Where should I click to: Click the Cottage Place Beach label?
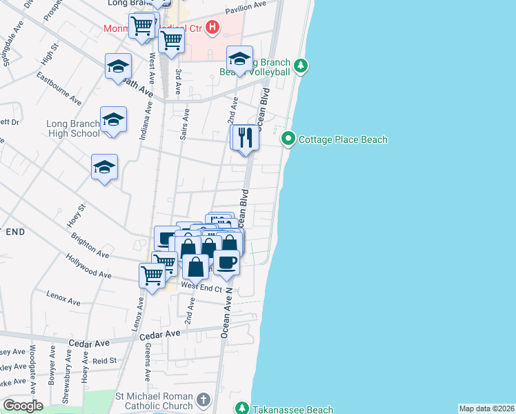tap(343, 139)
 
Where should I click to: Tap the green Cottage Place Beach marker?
tap(288, 139)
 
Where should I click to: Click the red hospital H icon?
tap(212, 28)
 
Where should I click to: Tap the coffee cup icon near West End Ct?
tap(226, 262)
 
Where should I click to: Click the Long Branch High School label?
tap(73, 129)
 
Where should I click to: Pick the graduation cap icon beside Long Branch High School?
tap(113, 121)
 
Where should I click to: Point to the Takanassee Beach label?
tap(292, 409)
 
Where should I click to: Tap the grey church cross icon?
tap(204, 400)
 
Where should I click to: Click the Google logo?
tap(23, 406)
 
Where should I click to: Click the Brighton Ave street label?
tap(90, 245)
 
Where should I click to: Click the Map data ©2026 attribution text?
tap(486, 408)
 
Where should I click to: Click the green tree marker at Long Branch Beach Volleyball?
tap(300, 66)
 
